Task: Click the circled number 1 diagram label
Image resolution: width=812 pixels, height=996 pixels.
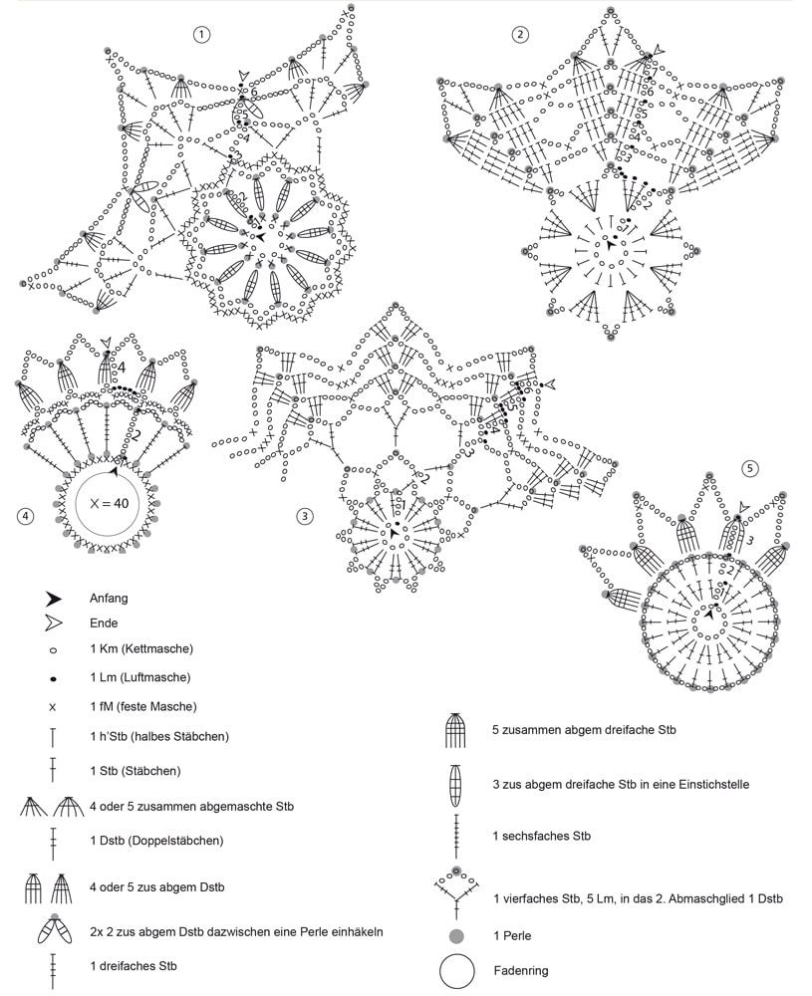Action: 203,35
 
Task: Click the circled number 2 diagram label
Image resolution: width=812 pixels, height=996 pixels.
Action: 520,35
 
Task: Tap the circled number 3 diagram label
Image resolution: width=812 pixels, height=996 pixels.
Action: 305,515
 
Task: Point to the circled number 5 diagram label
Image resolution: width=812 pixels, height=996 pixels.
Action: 750,468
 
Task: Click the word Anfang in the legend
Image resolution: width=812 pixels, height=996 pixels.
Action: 109,599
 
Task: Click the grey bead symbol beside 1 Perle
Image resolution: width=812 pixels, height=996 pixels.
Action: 456,936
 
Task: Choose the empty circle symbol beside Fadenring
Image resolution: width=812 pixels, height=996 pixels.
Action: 456,969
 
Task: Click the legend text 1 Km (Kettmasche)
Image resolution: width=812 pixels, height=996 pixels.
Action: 140,649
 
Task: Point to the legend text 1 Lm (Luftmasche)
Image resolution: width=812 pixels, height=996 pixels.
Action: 139,677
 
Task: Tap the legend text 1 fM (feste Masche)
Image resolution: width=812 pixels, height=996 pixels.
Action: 142,706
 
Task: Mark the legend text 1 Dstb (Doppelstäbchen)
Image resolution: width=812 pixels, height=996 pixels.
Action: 155,841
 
